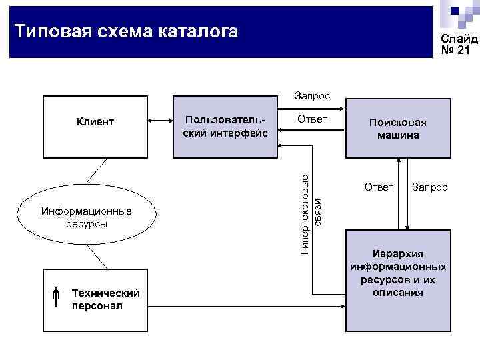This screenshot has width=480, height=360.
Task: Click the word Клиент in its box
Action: (x=95, y=122)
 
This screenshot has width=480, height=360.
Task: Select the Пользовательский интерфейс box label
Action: (x=225, y=127)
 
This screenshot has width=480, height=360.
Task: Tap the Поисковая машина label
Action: (x=397, y=129)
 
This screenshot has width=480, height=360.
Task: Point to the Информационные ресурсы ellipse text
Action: (x=87, y=217)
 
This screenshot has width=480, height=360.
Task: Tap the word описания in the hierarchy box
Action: (x=397, y=292)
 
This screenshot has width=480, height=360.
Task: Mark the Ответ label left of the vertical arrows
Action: (x=379, y=187)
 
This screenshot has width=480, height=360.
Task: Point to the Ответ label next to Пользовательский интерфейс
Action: (x=312, y=120)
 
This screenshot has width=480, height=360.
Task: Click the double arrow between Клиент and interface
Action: (x=160, y=121)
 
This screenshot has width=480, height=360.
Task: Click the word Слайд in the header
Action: (x=459, y=39)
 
